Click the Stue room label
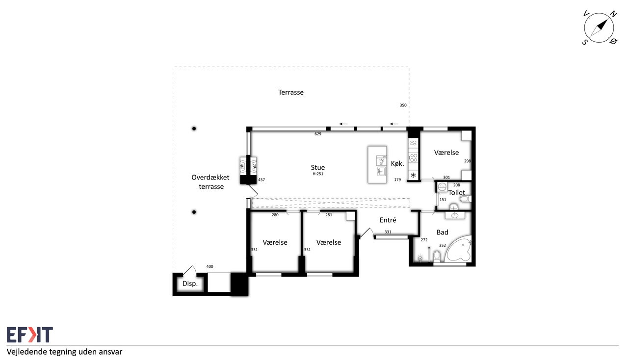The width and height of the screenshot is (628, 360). click(317, 167)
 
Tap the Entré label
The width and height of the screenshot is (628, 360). click(388, 220)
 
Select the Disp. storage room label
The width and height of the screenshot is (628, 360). click(190, 283)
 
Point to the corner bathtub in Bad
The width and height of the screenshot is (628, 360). click(459, 250)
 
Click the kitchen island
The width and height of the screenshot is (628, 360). click(377, 165)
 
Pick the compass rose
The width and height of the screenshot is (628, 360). click(599, 28)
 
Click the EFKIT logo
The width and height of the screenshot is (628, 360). click(30, 334)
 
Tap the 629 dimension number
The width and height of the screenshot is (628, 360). click(317, 134)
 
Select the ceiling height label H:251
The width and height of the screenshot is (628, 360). click(318, 174)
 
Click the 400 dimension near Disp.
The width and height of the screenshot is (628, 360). click(209, 267)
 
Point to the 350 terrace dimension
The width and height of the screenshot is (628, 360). click(403, 105)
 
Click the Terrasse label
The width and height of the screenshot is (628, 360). click(291, 92)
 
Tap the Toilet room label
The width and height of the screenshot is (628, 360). click(456, 193)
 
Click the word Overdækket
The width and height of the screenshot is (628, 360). click(210, 178)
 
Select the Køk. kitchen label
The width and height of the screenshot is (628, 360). click(397, 163)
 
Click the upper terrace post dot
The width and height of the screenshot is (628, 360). click(194, 129)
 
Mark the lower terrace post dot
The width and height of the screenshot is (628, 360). click(194, 212)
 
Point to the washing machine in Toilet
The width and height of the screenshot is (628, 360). click(442, 187)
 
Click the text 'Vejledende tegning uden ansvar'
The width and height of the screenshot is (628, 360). click(64, 352)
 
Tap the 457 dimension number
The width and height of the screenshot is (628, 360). click(262, 180)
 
